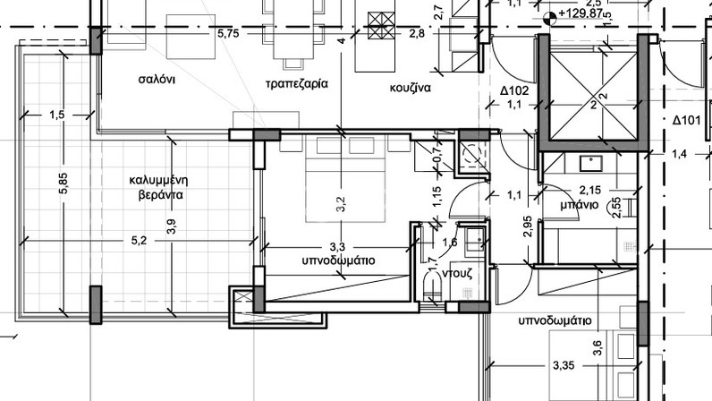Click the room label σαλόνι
point(157,80)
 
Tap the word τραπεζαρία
point(296,84)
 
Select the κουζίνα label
point(410,88)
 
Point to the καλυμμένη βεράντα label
point(158,187)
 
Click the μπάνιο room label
point(579,205)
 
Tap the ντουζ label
point(457,274)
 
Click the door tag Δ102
point(514,91)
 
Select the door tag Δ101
point(687,121)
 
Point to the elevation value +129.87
point(581,13)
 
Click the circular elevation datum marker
point(549,18)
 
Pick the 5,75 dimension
point(228,33)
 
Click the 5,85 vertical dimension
point(64,183)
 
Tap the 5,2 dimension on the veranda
point(139,241)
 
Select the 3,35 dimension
point(564,365)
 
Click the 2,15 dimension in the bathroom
point(589,190)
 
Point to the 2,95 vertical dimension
point(527,226)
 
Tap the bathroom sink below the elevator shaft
point(590,164)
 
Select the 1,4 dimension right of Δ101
point(679,155)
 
